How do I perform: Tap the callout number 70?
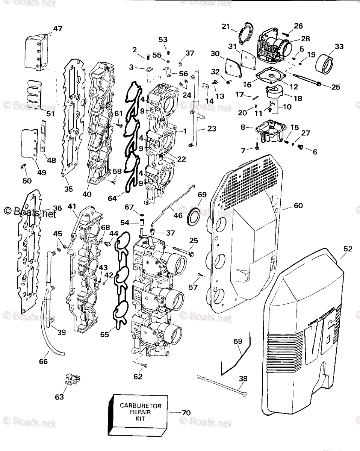coord(186,413)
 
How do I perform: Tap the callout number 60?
coord(298,206)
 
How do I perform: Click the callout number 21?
coord(225,26)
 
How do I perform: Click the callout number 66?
coord(44,362)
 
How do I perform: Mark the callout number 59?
coord(238,342)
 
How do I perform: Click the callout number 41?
coord(72,206)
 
